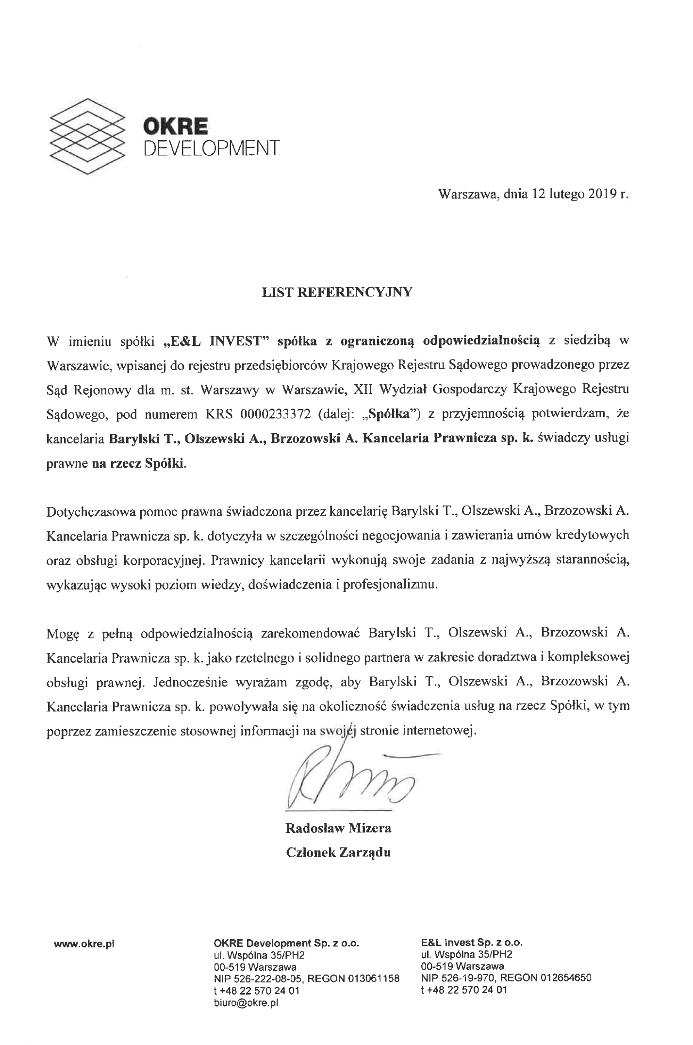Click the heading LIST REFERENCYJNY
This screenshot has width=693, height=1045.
point(337,292)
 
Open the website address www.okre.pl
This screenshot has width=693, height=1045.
point(83,944)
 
